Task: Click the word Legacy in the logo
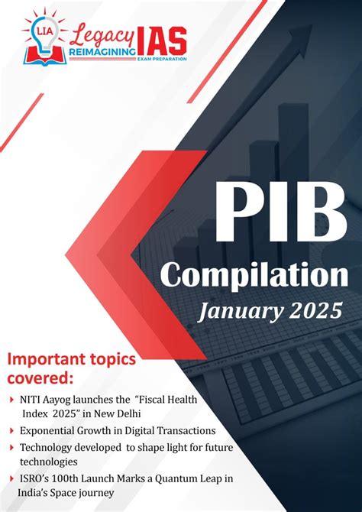[102, 31]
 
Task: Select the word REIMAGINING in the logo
[102, 52]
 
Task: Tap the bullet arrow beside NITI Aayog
[11, 399]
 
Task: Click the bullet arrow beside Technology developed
[11, 448]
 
